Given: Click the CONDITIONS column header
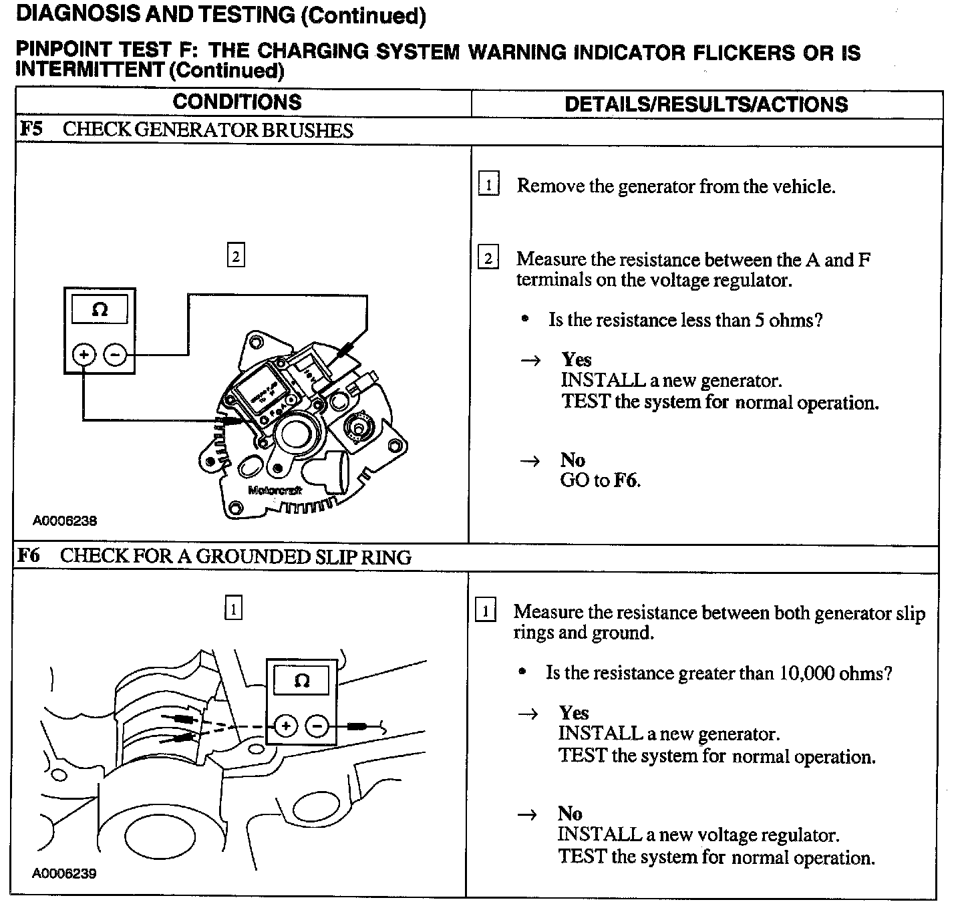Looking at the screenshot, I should (x=237, y=102).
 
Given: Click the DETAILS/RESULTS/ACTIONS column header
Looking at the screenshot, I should (x=706, y=104).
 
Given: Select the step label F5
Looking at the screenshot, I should (x=31, y=128).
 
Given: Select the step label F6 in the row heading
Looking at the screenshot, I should (x=28, y=556).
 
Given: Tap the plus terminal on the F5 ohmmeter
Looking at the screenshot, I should (x=84, y=354).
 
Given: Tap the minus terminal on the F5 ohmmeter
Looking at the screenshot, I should (x=116, y=354).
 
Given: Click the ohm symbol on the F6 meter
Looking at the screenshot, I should (x=302, y=681).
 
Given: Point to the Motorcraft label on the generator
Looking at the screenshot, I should (x=275, y=490).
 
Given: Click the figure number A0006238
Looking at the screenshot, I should (x=65, y=520).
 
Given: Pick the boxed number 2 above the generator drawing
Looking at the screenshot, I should (x=236, y=256).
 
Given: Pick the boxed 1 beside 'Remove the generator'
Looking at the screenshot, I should (x=489, y=184).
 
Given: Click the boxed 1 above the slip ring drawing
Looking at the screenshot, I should (x=232, y=609).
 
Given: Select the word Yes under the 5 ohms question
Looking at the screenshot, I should (x=577, y=360).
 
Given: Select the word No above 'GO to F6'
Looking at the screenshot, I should (x=573, y=460).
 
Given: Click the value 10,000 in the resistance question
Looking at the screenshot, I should (x=806, y=673).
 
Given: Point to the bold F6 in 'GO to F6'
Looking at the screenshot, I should (x=626, y=480).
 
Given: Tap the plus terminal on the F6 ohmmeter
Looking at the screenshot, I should (x=285, y=726).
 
